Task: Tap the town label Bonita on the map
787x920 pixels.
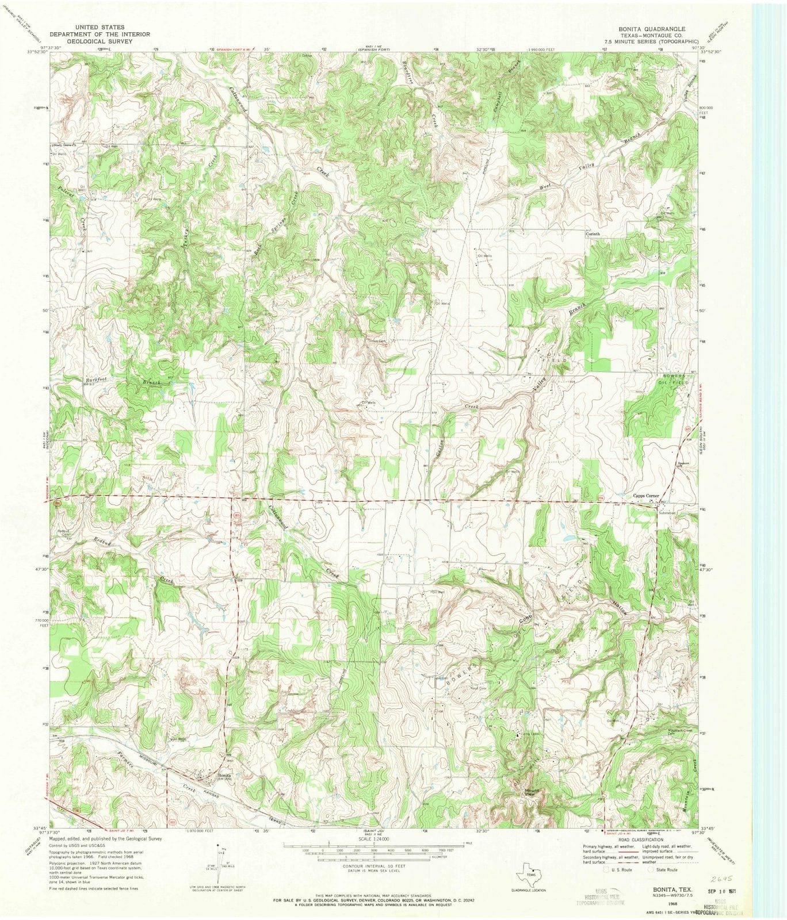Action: coord(224,775)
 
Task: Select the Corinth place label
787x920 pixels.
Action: coord(593,234)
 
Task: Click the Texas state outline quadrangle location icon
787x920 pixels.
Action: coord(530,875)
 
